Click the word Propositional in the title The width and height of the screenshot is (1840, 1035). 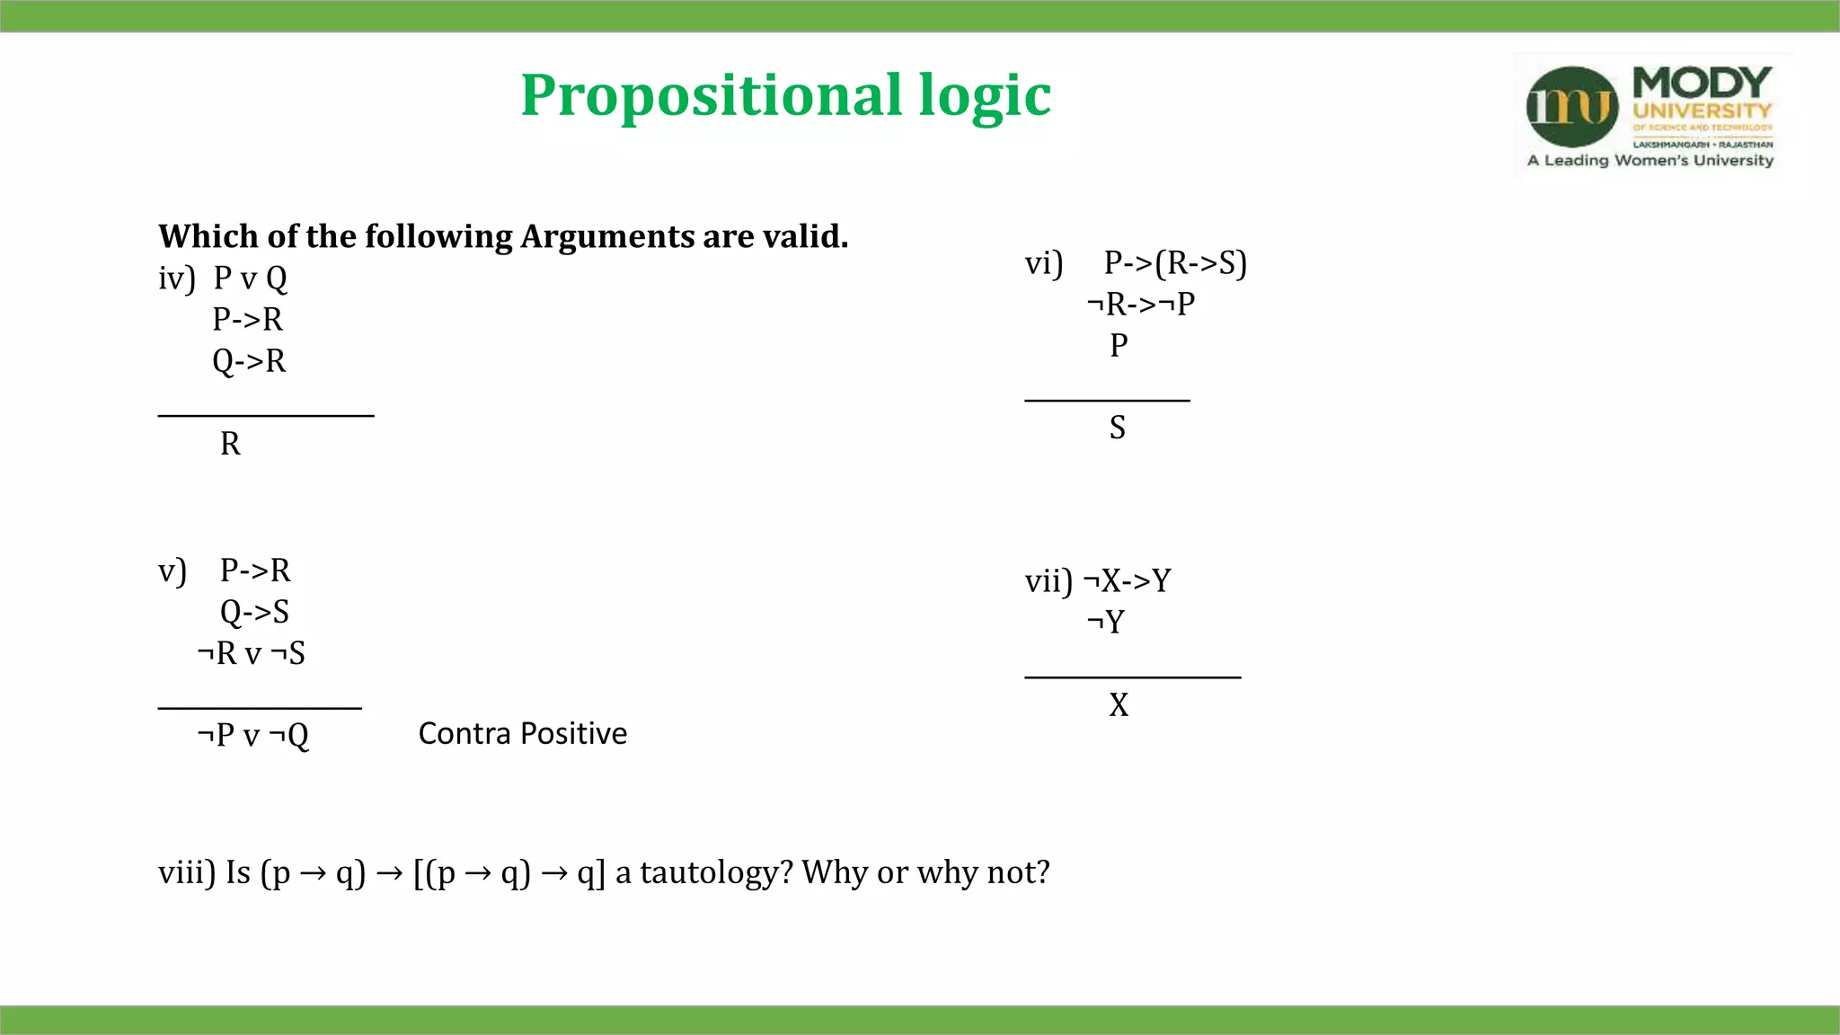coord(711,95)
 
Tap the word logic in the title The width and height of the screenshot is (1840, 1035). coord(985,95)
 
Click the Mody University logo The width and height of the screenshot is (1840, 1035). coord(1651,115)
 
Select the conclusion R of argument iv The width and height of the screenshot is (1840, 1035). coord(230,444)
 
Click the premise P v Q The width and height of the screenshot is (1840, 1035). coord(250,279)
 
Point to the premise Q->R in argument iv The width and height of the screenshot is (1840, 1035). coord(249,361)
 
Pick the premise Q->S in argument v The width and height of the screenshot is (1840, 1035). coord(254,612)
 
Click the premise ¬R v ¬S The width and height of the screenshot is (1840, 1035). coord(252,653)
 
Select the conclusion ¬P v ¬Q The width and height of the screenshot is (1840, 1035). coord(253,736)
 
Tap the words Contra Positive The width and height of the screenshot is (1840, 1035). coord(523,734)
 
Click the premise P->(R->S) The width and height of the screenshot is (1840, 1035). coord(1175,263)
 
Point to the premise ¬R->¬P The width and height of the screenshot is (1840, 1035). coord(1141,305)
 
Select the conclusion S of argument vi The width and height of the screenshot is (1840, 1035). coord(1117,428)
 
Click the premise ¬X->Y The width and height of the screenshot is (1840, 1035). coord(1128,581)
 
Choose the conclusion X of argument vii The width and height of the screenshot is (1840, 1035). coord(1119,705)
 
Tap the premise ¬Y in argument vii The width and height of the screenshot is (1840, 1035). coord(1106,622)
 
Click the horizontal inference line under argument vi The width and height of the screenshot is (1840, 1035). coord(1107,400)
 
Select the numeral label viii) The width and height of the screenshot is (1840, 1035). coord(187,872)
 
